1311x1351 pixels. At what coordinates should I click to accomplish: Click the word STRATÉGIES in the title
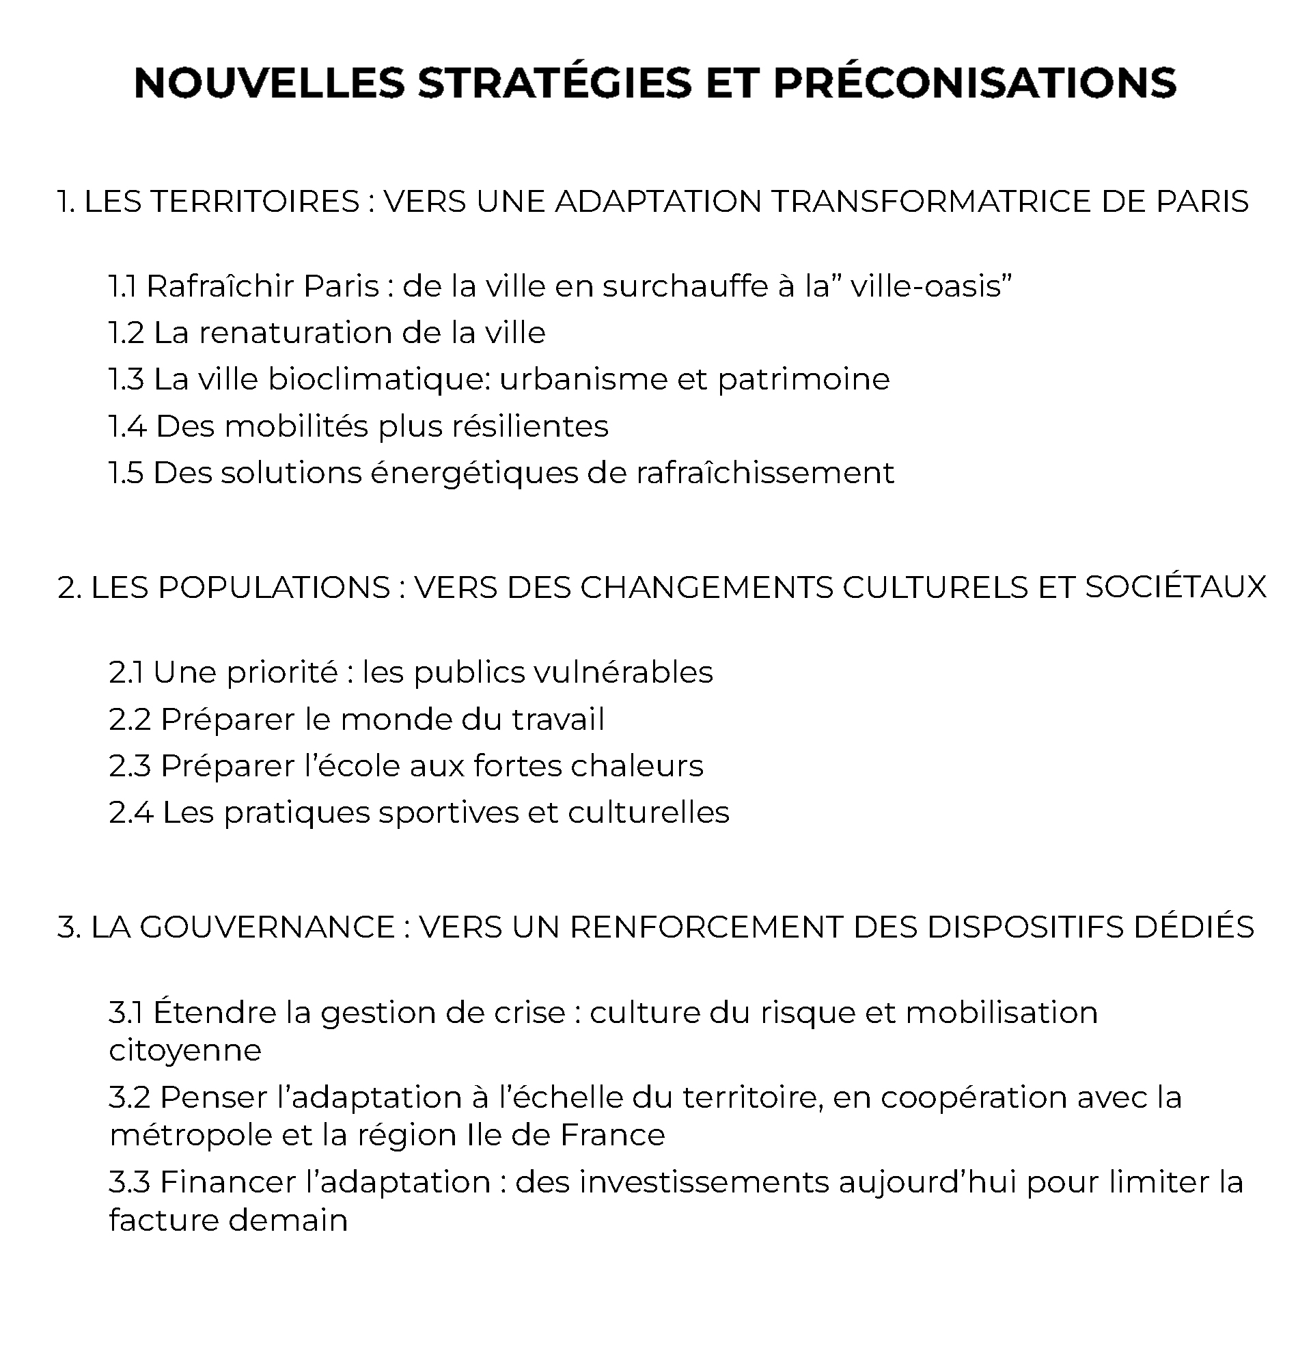point(554,83)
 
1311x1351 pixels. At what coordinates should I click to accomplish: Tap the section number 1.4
point(128,426)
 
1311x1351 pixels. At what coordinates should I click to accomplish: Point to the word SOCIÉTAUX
point(1176,588)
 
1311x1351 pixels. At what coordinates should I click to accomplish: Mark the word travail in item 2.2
point(557,720)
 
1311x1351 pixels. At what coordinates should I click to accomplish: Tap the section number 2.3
point(130,767)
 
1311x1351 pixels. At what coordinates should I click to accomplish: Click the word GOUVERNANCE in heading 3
point(266,927)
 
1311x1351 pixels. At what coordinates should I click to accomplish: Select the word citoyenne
point(185,1050)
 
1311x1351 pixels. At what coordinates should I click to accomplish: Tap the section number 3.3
point(130,1182)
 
